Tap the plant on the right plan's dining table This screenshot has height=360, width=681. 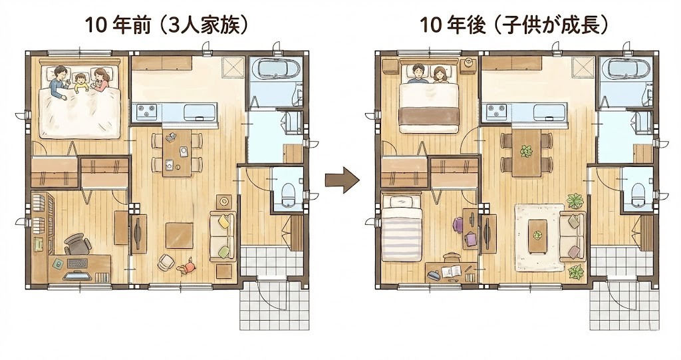(x=527, y=151)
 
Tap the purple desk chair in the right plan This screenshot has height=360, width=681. (x=459, y=225)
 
